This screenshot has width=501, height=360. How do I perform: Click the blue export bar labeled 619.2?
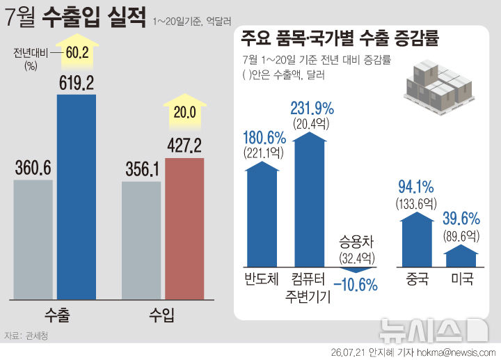[77, 197]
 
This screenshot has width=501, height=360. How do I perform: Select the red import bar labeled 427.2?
[184, 228]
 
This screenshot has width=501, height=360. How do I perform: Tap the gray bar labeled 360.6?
[33, 240]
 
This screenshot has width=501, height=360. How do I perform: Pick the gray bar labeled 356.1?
[141, 241]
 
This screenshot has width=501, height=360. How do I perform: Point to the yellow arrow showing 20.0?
[184, 111]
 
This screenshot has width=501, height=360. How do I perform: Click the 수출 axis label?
[57, 315]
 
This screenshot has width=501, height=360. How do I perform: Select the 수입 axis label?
[161, 315]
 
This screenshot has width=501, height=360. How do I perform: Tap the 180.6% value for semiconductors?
[264, 138]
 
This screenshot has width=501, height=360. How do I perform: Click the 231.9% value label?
[312, 109]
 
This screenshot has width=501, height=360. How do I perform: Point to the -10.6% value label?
[356, 285]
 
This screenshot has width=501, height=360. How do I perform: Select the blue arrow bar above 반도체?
[262, 214]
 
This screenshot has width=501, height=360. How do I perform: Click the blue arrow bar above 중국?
[417, 239]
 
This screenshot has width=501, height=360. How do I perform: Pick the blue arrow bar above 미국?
[461, 256]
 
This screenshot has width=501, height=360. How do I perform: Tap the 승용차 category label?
[356, 242]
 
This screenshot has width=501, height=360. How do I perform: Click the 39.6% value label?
[461, 219]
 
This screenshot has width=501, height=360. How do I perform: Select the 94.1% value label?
[416, 187]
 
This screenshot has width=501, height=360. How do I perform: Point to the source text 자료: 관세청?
[26, 336]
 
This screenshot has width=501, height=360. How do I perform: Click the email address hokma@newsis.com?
[456, 352]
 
